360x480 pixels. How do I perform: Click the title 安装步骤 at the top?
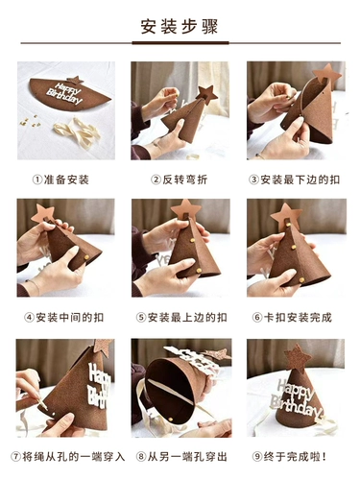(180, 27)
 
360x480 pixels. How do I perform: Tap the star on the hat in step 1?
(75, 81)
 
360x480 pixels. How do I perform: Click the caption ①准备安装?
(60, 180)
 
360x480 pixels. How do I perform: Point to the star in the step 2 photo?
(206, 94)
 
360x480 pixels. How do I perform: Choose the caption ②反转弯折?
(180, 180)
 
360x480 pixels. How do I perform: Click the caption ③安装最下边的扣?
(295, 180)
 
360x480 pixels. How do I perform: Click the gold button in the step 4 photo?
(86, 257)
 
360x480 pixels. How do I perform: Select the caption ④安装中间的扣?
(64, 318)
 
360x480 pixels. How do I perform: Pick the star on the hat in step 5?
(186, 209)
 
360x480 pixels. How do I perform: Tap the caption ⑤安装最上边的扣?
(181, 318)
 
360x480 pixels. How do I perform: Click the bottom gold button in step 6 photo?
(301, 279)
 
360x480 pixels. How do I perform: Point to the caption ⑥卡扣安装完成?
(292, 318)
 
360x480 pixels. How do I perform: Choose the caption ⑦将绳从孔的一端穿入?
(68, 456)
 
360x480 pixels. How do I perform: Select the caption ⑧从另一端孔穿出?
(181, 456)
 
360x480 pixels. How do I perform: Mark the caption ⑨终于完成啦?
(289, 456)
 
